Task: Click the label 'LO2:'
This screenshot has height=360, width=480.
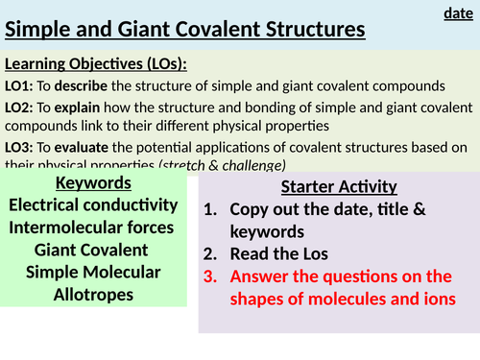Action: point(24,106)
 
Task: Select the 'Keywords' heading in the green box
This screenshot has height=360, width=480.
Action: point(93,182)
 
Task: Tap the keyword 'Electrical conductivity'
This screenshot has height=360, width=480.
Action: point(93,204)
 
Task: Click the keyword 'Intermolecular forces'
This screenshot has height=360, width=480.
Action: point(93,228)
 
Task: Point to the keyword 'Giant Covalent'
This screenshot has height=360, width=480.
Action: point(93,250)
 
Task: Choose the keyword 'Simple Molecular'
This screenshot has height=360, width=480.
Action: point(93,273)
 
